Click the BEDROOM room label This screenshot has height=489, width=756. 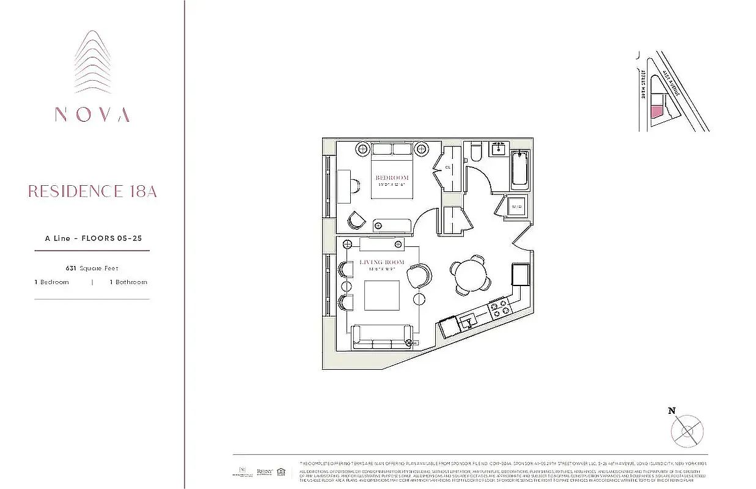click(392, 178)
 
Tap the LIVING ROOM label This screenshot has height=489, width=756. click(382, 262)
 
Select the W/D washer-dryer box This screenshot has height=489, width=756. click(517, 207)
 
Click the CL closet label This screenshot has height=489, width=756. click(448, 167)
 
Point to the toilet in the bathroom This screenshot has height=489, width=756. click(476, 152)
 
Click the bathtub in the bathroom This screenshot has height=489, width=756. click(521, 169)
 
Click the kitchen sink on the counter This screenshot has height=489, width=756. click(469, 319)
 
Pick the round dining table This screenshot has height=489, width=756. click(468, 271)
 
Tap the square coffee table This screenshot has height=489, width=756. click(382, 296)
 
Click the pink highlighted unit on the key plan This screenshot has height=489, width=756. click(656, 111)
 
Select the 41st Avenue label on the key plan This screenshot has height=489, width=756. click(672, 83)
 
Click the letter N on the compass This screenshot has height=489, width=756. click(672, 411)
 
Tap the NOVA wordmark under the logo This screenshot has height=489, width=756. click(92, 114)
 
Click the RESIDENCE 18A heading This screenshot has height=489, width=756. click(92, 191)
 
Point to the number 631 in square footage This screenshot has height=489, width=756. click(71, 268)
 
